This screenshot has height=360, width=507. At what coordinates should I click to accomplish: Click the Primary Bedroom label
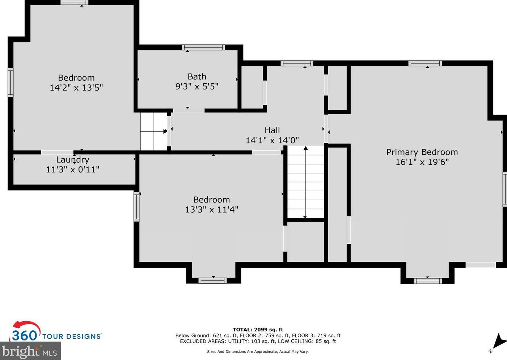[x=422, y=152]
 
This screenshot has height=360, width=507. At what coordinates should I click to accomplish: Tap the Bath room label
[x=197, y=77]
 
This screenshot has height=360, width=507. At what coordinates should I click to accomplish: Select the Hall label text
[x=272, y=130]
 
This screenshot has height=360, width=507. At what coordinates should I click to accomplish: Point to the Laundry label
[x=73, y=160]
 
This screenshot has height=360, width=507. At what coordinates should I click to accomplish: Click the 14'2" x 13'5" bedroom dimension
[x=76, y=88]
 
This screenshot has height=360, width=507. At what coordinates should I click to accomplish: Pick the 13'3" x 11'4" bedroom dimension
[x=212, y=209]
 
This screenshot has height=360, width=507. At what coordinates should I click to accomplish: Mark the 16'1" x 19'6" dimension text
[x=422, y=162]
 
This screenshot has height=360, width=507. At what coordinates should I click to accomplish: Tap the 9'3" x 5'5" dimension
[x=197, y=87]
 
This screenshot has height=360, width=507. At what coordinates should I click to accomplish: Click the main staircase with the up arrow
[x=306, y=182]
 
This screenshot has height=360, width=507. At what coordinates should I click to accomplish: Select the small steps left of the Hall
[x=154, y=131]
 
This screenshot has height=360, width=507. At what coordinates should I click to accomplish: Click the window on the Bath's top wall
[x=203, y=47]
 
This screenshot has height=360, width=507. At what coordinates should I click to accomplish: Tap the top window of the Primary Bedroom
[x=425, y=63]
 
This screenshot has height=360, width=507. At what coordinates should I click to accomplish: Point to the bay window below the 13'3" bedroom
[x=213, y=280]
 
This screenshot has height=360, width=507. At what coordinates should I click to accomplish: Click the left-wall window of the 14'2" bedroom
[x=10, y=83]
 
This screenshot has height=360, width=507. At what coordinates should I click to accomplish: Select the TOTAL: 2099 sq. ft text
[x=258, y=330]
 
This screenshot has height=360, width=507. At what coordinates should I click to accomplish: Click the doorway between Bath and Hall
[x=189, y=110]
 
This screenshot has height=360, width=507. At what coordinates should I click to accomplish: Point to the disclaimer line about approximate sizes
[x=258, y=352]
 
